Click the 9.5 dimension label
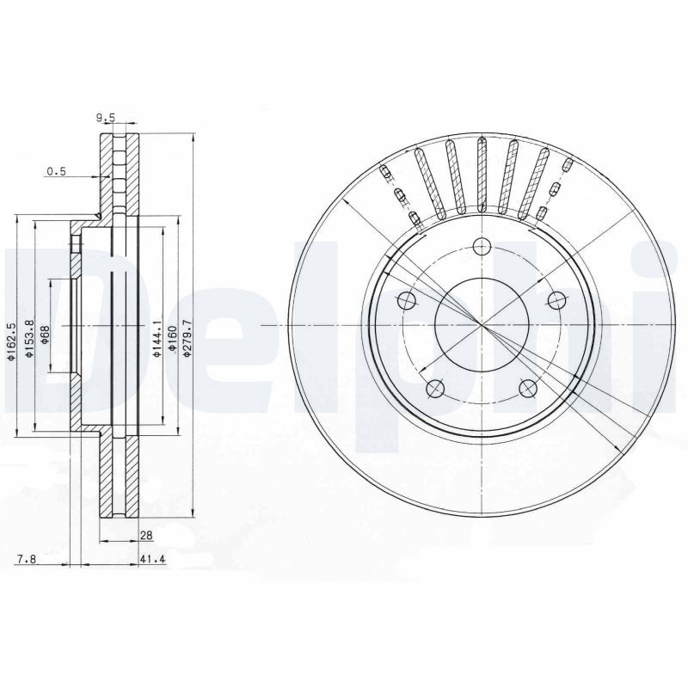(105, 119)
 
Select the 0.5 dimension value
(56, 172)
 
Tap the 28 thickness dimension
(146, 536)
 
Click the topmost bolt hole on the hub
(482, 246)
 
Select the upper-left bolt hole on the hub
(407, 301)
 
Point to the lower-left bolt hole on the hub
(435, 389)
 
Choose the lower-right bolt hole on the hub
(529, 389)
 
